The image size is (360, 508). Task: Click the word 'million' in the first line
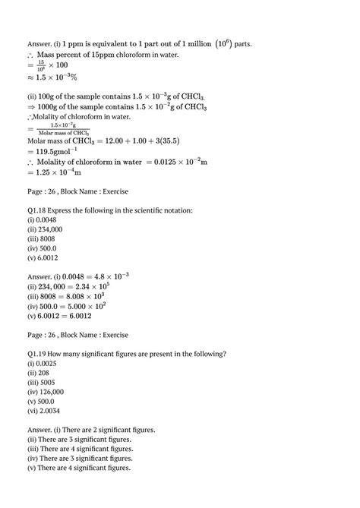pos(176,44)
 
